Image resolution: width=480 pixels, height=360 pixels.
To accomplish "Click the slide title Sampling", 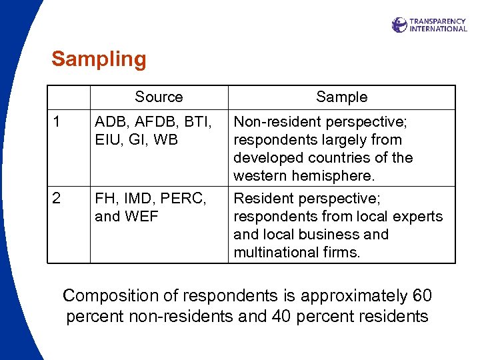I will (x=99, y=60).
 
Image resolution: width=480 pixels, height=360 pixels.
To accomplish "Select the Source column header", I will (x=159, y=97).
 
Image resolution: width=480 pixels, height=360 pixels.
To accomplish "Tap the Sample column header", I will (x=341, y=97).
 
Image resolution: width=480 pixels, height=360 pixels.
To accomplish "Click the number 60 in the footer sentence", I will (x=421, y=296).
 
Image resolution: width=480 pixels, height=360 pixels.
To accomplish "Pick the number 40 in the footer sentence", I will (x=281, y=316).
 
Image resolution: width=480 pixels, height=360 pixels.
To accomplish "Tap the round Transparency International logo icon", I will (x=399, y=25).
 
